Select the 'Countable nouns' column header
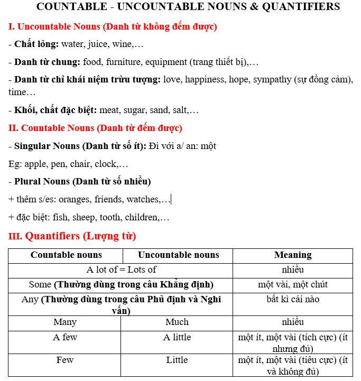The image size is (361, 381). [66, 255]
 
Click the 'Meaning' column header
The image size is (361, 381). [293, 255]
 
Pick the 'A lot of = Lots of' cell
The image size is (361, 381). [121, 270]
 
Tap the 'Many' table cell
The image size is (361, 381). [65, 322]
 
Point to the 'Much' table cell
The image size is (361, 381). [177, 322]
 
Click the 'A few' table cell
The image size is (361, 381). [65, 337]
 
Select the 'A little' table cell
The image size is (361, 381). [177, 337]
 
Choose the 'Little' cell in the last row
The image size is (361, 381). [177, 360]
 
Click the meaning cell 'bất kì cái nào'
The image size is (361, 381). [293, 300]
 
